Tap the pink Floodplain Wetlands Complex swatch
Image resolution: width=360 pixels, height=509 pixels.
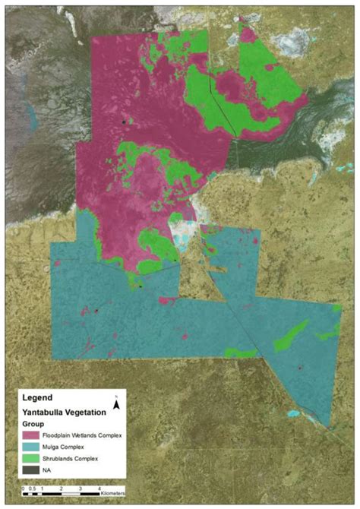(31, 435)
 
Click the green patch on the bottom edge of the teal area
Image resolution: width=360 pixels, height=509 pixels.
(242, 353)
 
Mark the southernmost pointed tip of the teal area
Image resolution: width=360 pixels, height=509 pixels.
(328, 426)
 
